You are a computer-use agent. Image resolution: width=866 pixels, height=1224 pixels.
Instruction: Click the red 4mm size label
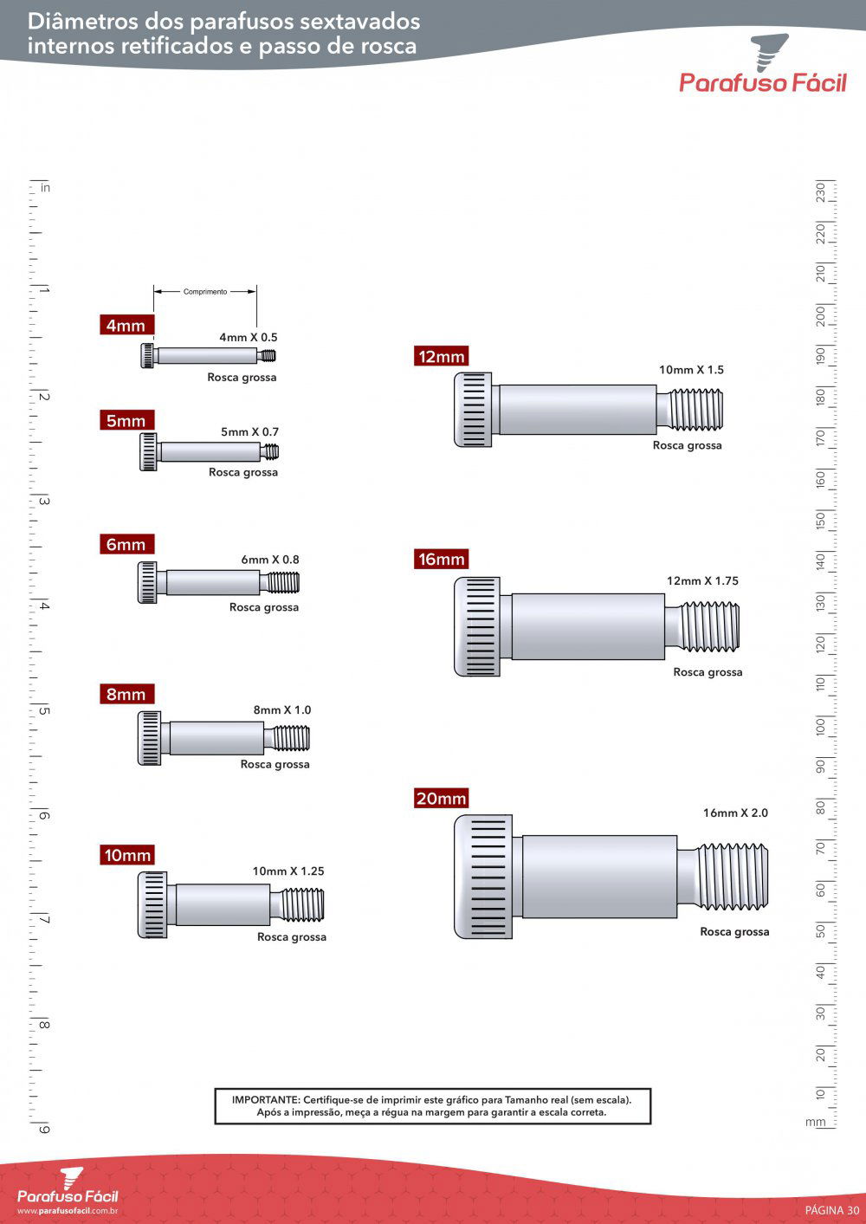point(126,326)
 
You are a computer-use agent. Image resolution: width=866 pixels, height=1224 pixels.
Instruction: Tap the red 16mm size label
point(442,560)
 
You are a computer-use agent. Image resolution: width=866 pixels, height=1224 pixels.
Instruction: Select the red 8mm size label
point(126,695)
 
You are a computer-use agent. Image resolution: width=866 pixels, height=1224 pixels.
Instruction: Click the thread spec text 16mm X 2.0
point(735,813)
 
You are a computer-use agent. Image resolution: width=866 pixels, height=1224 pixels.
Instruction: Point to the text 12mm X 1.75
point(702,581)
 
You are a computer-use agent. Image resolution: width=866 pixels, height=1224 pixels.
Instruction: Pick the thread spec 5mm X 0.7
point(249,432)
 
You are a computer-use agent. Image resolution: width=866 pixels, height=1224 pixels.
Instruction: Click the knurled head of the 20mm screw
point(482,877)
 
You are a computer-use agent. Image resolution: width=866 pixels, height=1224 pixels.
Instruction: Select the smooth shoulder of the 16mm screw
point(587,626)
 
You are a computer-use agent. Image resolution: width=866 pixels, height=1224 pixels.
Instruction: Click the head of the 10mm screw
point(152,904)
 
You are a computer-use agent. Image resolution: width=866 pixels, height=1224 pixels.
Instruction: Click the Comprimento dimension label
point(205,292)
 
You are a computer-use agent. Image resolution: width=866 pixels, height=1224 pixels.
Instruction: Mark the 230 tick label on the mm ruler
point(820,191)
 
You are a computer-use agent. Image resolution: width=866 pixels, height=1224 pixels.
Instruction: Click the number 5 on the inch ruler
point(44,711)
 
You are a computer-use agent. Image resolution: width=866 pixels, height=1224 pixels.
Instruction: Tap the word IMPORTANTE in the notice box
point(265,1100)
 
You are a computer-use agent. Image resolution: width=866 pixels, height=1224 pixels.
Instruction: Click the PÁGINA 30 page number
point(832,1210)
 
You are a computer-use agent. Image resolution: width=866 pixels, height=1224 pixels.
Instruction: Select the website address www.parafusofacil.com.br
point(68,1211)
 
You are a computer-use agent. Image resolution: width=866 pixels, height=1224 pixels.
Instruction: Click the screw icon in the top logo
point(771,50)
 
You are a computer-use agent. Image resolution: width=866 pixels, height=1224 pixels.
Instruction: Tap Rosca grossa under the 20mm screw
point(734,932)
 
